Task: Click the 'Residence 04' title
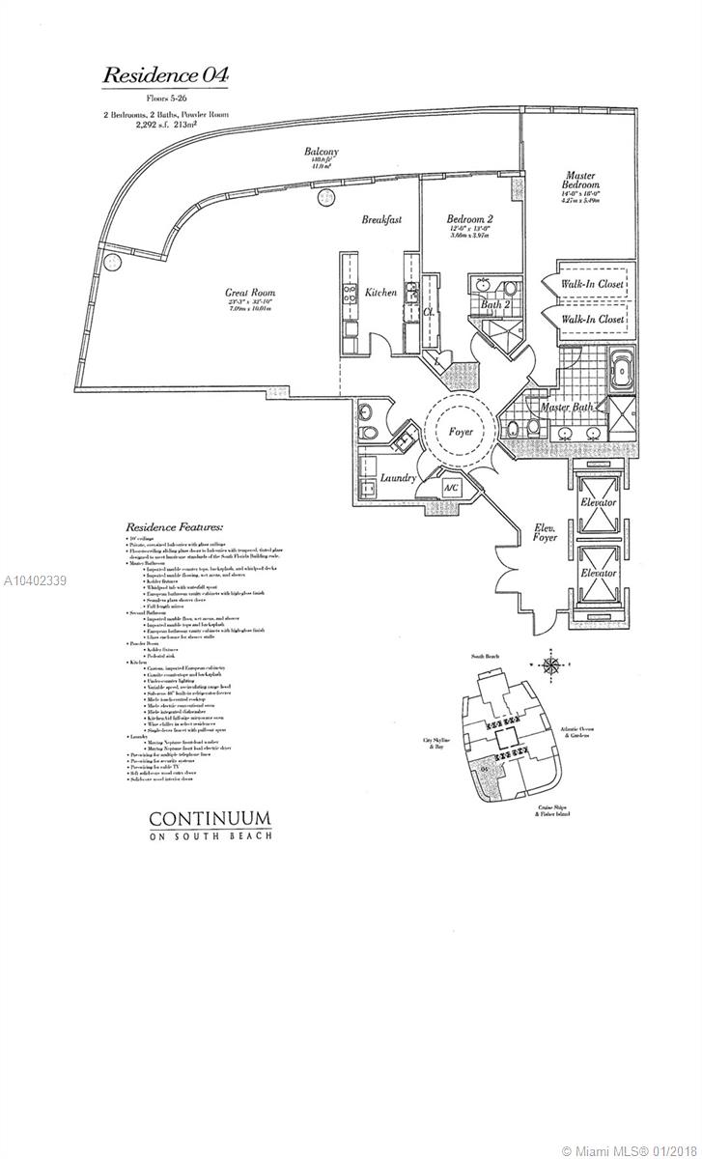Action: coord(165,74)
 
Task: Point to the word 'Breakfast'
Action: coord(381,220)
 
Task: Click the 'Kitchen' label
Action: coord(379,293)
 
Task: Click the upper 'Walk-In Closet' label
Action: coord(592,284)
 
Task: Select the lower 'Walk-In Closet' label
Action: coord(592,318)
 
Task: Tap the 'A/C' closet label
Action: coord(449,488)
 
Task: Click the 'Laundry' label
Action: coord(398,478)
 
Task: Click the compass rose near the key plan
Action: coord(551,666)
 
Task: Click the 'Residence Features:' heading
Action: coord(174,527)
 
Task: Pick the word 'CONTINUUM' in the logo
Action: coord(211,818)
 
